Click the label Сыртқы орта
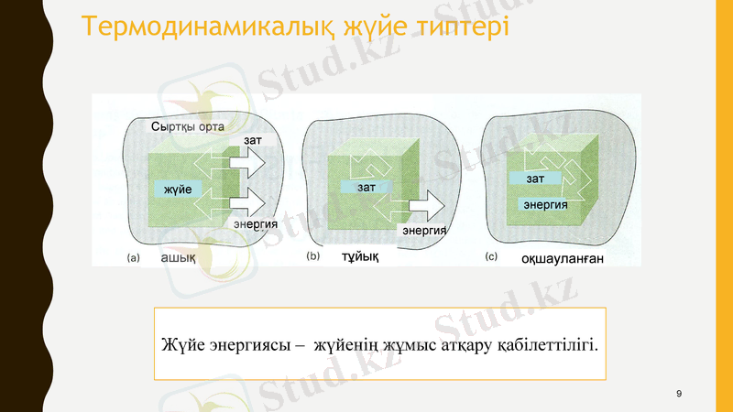(x=187, y=126)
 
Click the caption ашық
(x=177, y=258)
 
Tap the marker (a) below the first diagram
(x=133, y=258)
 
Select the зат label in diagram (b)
(x=366, y=187)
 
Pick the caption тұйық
(x=360, y=257)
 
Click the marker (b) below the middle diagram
(x=312, y=258)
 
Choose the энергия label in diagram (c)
(x=544, y=204)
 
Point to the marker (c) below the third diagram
(x=491, y=257)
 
